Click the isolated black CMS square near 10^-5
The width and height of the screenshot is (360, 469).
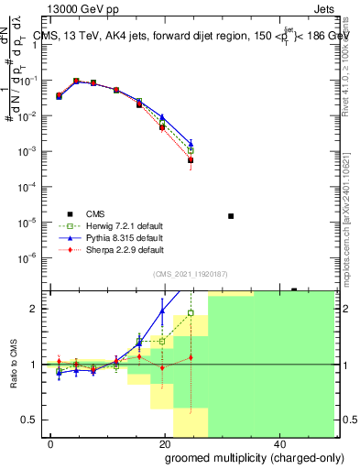230,216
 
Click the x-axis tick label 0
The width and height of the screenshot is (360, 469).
51,442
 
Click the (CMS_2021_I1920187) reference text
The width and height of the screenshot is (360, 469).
190,273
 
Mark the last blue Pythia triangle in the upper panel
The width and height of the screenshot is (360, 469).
191,143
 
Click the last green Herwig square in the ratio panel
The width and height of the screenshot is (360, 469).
191,313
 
